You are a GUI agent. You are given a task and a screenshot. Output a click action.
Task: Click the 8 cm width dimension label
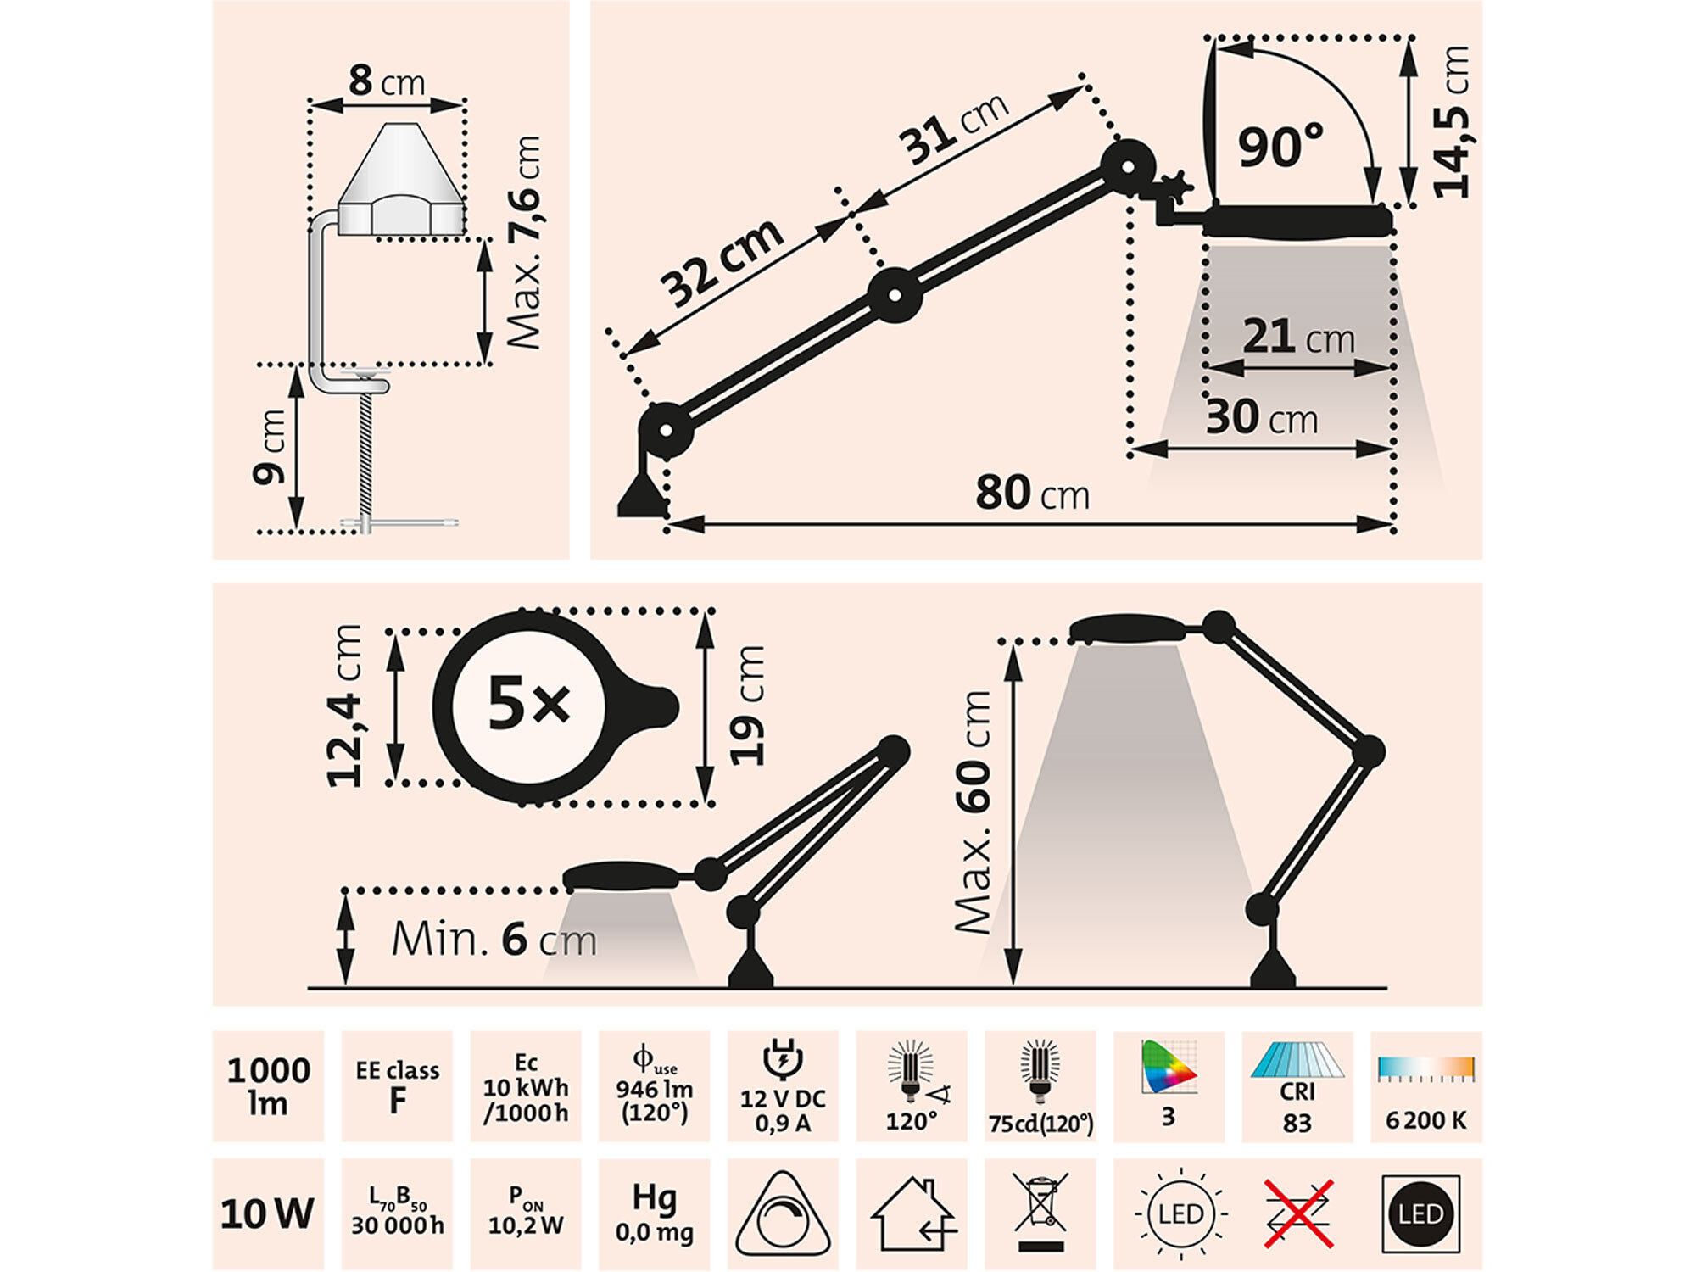(x=387, y=82)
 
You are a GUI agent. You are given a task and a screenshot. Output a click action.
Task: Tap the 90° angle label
(x=1280, y=146)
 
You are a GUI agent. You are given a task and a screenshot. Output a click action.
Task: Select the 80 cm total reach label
(x=1032, y=494)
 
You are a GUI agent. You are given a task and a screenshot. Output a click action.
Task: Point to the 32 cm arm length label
(x=722, y=263)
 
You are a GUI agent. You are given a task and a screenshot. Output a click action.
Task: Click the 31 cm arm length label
(x=956, y=127)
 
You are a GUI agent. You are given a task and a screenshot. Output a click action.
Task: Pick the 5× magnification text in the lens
(x=528, y=705)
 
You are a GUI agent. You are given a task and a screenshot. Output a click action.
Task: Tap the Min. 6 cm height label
(x=494, y=940)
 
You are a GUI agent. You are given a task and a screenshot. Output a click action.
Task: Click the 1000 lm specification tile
(x=268, y=1086)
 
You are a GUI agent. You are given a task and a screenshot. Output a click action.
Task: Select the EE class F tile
(x=397, y=1086)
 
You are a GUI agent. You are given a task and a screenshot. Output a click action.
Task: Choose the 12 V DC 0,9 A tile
(x=783, y=1086)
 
